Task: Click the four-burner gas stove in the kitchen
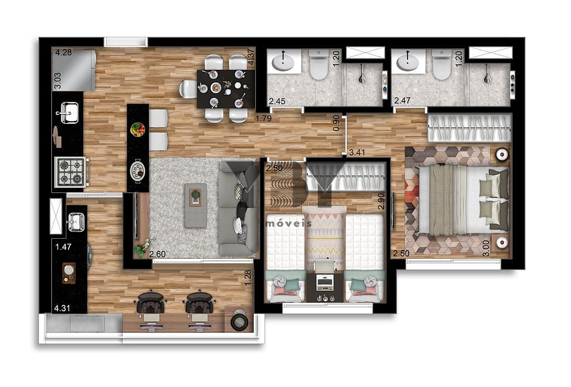point(71,172)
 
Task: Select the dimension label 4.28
point(64,53)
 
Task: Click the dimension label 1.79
point(264,118)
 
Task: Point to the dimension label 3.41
point(357,152)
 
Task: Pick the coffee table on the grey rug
point(196,205)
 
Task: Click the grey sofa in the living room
point(238,209)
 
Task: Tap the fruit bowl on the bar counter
point(138,129)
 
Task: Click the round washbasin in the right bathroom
point(407,62)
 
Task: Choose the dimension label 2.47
point(403,100)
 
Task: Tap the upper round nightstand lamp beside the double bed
point(502,154)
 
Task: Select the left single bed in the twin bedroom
point(285,258)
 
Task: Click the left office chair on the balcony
point(152,302)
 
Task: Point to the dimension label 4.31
point(62,308)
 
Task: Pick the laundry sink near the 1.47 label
point(76,222)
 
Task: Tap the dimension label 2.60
point(158,254)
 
